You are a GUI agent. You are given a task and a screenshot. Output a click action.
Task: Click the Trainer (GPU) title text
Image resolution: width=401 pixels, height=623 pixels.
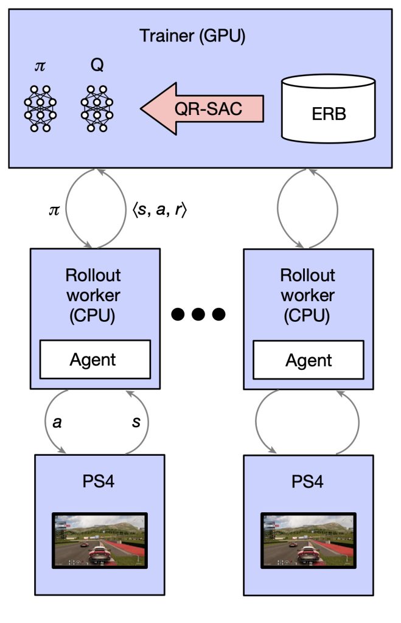192,36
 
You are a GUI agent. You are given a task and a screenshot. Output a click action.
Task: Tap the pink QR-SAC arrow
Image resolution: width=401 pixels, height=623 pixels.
202,108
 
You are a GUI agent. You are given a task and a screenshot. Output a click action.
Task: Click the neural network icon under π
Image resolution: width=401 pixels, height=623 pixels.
40,108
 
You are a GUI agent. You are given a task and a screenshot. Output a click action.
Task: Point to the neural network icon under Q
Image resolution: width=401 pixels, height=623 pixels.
97,108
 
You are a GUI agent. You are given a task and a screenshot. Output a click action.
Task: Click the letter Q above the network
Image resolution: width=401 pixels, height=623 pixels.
97,64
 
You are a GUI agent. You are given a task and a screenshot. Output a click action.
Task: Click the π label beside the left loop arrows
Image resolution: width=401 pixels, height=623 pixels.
54,210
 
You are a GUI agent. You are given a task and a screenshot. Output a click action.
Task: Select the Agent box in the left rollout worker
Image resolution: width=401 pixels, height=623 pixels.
95,359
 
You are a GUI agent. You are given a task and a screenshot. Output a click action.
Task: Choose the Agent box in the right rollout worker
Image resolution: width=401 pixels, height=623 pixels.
309,360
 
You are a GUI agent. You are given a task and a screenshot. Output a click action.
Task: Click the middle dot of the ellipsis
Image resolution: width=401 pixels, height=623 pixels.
198,315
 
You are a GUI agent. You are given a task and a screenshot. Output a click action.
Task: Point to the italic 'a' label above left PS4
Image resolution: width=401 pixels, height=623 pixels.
57,422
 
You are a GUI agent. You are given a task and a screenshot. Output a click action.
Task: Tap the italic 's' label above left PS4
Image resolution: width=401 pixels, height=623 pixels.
136,422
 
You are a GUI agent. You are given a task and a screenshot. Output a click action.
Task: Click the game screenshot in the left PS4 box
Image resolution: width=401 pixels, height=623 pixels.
100,540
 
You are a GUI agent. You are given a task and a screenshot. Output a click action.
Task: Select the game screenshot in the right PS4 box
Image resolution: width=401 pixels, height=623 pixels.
309,540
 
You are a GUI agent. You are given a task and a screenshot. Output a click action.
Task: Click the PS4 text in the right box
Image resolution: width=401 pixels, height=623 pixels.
307,482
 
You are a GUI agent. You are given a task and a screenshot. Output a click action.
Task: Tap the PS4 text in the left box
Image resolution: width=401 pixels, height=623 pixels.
98,481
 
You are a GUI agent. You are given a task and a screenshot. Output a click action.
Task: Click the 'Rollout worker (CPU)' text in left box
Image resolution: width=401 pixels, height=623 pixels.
93,296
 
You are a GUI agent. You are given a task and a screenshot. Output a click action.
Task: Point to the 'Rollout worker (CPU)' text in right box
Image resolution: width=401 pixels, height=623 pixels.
307,296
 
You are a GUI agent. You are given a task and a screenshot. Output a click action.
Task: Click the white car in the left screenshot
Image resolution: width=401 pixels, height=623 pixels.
99,554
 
